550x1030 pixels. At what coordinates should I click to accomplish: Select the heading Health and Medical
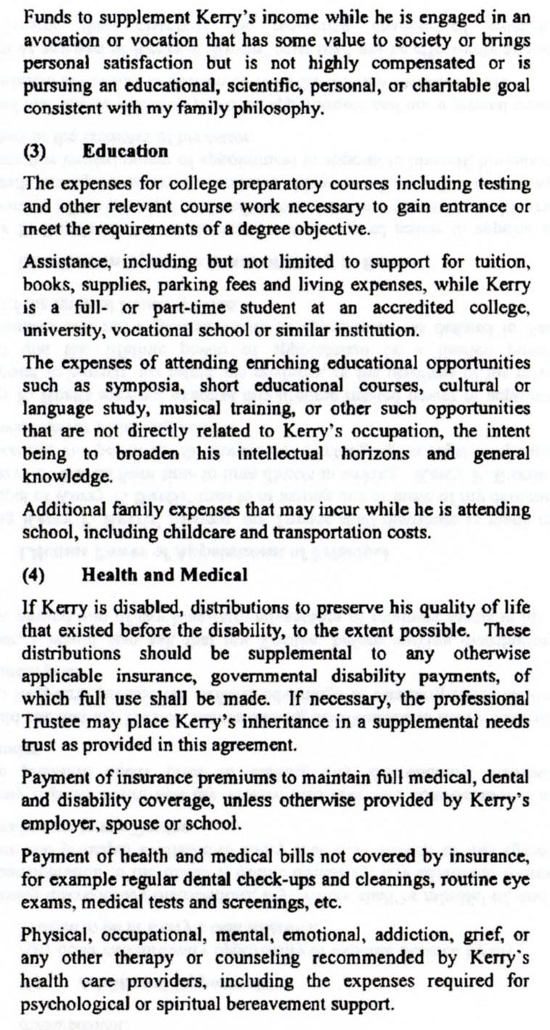[x=164, y=573]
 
